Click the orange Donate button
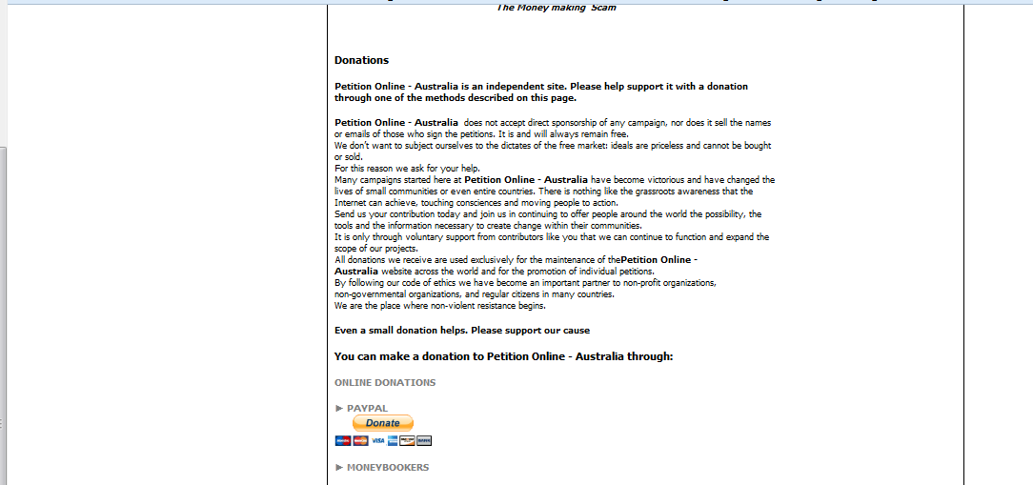[383, 423]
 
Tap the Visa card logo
[377, 441]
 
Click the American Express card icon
[393, 441]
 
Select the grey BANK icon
[425, 441]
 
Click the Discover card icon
[408, 441]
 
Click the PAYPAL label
[367, 408]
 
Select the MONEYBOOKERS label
[388, 468]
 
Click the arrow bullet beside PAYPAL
[338, 408]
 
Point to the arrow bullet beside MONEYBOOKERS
[338, 468]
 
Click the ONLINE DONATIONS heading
[385, 383]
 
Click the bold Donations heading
[361, 60]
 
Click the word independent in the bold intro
[506, 87]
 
